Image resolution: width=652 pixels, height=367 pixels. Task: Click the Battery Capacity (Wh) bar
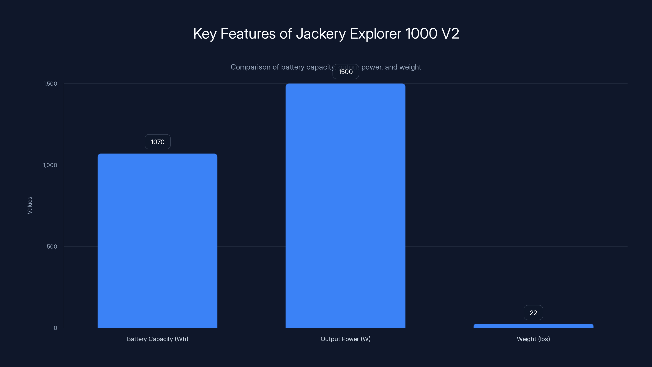157,241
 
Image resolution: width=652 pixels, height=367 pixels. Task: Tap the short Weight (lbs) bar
533,326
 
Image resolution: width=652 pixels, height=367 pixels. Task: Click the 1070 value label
157,142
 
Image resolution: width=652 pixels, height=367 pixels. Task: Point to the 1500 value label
346,72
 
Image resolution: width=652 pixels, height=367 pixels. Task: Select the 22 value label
533,313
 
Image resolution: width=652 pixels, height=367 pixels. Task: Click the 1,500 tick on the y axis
50,84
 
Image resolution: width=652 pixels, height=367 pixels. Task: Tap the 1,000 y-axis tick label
50,165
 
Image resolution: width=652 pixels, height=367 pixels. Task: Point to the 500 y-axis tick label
52,247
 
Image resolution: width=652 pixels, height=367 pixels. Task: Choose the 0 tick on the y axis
55,328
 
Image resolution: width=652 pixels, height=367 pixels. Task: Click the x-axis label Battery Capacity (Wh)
157,339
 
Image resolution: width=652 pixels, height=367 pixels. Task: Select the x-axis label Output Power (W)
346,339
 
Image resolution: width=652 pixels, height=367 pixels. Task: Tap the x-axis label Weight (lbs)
533,339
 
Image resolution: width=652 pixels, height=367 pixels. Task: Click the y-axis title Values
30,205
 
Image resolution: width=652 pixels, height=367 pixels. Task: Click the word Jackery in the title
321,34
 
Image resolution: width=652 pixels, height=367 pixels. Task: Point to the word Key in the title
205,34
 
